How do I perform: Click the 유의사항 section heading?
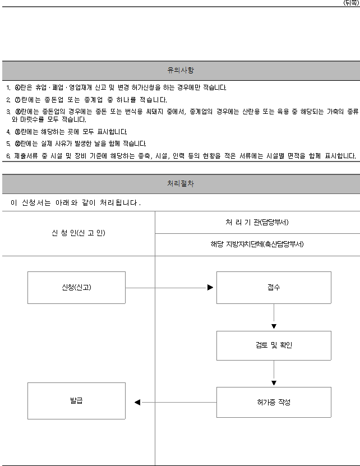coord(181,70)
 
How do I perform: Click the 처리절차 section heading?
coord(181,183)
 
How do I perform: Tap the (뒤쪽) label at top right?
coord(351,3)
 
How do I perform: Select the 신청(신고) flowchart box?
coord(76,287)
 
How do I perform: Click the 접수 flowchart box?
coord(274,287)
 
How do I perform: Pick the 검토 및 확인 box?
coord(274,345)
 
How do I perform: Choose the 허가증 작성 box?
coord(274,402)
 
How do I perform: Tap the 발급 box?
coord(76,400)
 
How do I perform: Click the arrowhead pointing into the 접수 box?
coord(210,287)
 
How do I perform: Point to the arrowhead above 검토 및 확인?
coord(274,326)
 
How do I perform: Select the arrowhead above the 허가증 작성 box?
coord(274,383)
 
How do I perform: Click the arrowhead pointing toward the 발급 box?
coord(137,402)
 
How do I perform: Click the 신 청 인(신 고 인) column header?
coord(79,233)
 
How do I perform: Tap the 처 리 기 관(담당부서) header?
coord(257,222)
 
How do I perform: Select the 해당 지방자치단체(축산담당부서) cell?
coord(257,244)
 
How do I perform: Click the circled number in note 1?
coord(17,87)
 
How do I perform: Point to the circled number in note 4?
coord(17,132)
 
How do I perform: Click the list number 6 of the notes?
coord(8,156)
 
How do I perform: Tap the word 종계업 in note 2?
coord(93,100)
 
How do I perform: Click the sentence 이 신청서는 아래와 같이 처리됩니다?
coord(76,202)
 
